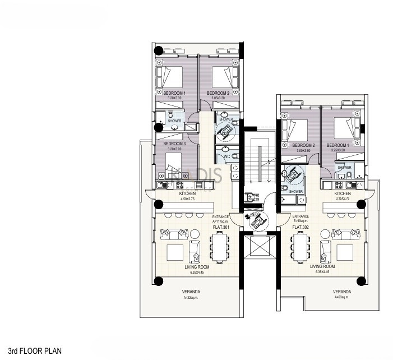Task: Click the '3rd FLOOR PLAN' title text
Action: [x=31, y=350]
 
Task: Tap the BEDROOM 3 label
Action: [x=174, y=144]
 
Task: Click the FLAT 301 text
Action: [x=221, y=226]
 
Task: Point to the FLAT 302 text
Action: [x=300, y=226]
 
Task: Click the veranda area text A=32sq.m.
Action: [x=192, y=298]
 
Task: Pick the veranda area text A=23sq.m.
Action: [x=341, y=298]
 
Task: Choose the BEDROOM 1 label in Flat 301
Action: [x=174, y=93]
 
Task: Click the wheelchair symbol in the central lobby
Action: [x=259, y=221]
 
